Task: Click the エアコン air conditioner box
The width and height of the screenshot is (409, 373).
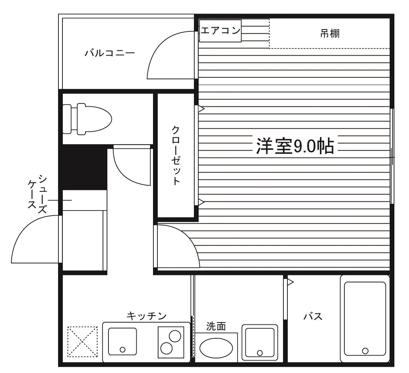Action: pyautogui.click(x=220, y=31)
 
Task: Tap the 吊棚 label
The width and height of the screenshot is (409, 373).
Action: pyautogui.click(x=330, y=34)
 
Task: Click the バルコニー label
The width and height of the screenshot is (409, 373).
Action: pyautogui.click(x=110, y=53)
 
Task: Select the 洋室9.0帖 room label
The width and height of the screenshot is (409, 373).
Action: pyautogui.click(x=295, y=146)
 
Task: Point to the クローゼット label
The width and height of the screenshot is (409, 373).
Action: pyautogui.click(x=176, y=156)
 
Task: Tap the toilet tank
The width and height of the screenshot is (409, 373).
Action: pyautogui.click(x=67, y=119)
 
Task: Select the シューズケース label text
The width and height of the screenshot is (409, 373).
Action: pyautogui.click(x=38, y=194)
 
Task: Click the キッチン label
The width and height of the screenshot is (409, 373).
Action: pyautogui.click(x=146, y=316)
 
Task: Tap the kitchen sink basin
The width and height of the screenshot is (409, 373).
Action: pyautogui.click(x=122, y=342)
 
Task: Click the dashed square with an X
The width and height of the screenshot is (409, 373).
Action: pyautogui.click(x=83, y=342)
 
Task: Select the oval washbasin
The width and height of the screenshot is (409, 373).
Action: pyautogui.click(x=216, y=348)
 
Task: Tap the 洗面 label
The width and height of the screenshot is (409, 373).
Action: pyautogui.click(x=216, y=326)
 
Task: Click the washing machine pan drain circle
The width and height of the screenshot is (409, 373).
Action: pyautogui.click(x=260, y=353)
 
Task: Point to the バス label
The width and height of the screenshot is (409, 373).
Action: pyautogui.click(x=313, y=317)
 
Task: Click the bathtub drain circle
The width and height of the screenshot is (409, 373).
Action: pyautogui.click(x=365, y=351)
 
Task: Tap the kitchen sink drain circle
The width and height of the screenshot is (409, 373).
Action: pyautogui.click(x=122, y=350)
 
